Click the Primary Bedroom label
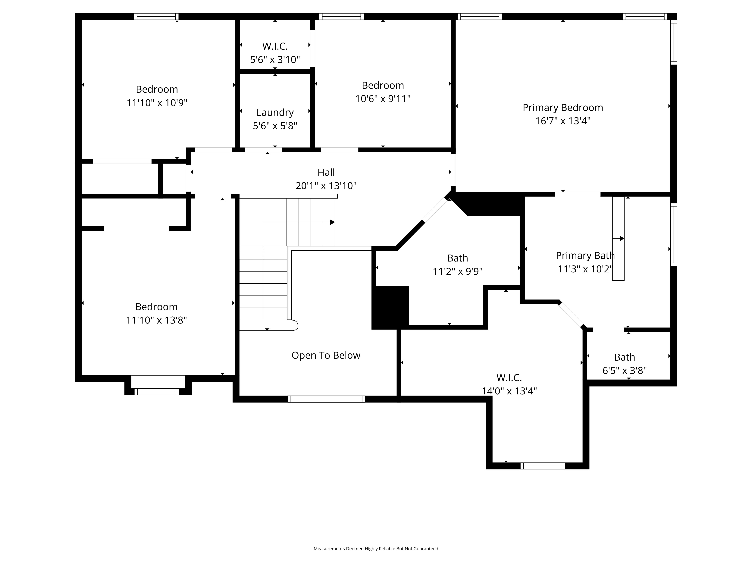[x=563, y=107]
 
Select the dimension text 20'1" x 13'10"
[x=326, y=186]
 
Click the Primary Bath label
[x=585, y=255]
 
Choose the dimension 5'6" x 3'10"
[x=275, y=59]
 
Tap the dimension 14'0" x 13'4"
[x=509, y=391]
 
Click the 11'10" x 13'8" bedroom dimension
[x=156, y=320]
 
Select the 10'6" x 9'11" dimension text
[x=383, y=99]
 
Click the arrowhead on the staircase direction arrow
[x=333, y=222]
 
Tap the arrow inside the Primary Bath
[x=618, y=239]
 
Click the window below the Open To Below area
[x=326, y=399]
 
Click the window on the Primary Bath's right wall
[x=673, y=235]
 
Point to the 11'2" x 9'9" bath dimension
[x=458, y=271]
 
